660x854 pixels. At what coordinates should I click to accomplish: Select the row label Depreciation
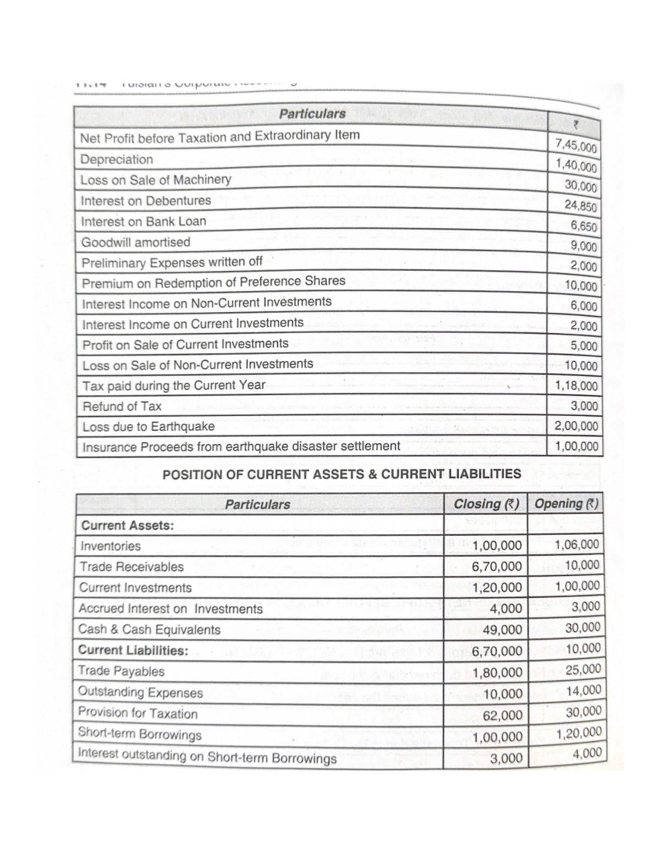[x=117, y=159]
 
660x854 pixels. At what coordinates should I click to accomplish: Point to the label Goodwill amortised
[x=135, y=242]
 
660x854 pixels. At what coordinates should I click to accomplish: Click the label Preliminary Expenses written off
[x=172, y=262]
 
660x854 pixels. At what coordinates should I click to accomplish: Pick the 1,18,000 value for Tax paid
[x=576, y=385]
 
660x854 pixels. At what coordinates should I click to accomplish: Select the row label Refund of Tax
[x=122, y=406]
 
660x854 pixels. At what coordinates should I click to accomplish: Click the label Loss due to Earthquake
[x=148, y=427]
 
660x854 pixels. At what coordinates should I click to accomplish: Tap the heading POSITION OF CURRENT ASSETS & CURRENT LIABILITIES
[x=342, y=474]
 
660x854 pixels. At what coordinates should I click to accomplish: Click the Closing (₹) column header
[x=486, y=504]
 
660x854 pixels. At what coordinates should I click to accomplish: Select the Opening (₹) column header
[x=566, y=504]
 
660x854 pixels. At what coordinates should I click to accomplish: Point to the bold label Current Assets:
[x=127, y=525]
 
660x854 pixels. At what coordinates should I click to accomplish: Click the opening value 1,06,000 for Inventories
[x=577, y=545]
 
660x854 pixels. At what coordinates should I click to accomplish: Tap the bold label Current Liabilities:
[x=133, y=651]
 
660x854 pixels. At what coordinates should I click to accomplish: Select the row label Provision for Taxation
[x=137, y=713]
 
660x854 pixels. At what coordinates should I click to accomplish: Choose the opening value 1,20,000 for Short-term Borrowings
[x=578, y=733]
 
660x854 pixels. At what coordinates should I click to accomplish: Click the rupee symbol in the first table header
[x=574, y=125]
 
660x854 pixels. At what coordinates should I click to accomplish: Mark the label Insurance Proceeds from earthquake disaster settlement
[x=241, y=447]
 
